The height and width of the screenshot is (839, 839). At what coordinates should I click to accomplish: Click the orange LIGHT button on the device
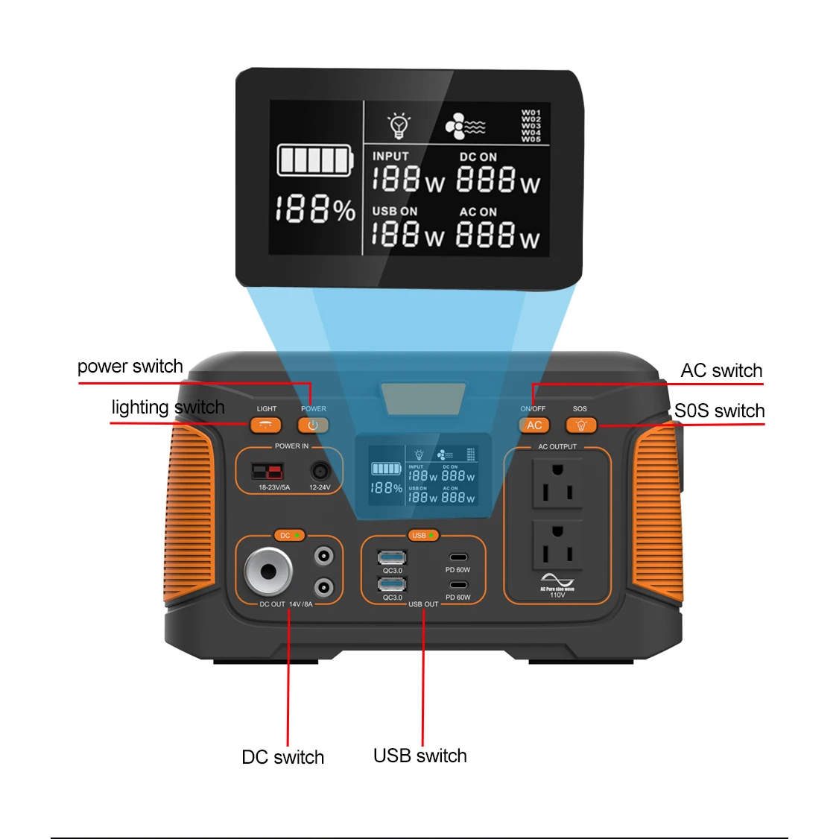pos(265,425)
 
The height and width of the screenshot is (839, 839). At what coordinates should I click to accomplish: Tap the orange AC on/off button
pos(534,425)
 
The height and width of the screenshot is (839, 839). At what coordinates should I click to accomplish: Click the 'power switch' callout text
pos(130,367)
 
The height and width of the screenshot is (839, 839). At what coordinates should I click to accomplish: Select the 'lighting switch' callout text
pos(168,408)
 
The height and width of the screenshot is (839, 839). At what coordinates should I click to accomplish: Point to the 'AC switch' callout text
pos(721,371)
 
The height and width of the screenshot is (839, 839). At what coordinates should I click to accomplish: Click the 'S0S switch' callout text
pos(719,411)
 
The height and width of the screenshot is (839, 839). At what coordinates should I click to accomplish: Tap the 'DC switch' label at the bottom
pos(283,757)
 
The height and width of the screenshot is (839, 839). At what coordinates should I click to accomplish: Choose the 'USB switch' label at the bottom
pos(420,756)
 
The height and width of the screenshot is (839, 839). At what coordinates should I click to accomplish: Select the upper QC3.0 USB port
pos(392,558)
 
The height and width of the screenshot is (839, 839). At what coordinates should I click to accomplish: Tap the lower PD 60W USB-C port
pos(458,585)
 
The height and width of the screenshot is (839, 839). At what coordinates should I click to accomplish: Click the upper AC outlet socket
pos(557,483)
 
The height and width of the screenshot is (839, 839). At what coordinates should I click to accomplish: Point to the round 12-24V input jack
pos(320,472)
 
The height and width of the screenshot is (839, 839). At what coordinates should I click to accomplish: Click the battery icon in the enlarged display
pos(314,160)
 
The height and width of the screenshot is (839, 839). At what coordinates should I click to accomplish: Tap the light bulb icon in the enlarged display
pos(399,126)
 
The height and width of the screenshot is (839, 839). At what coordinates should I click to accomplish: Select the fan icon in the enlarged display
pos(456,127)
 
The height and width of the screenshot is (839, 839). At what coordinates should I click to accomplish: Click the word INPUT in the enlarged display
pos(390,156)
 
